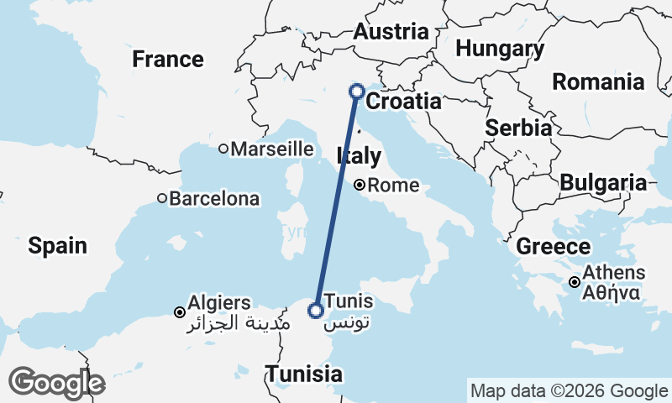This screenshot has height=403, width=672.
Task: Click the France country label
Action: pyautogui.click(x=168, y=60)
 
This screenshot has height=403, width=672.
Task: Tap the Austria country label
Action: pyautogui.click(x=391, y=33)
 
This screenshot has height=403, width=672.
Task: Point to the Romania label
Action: pyautogui.click(x=598, y=82)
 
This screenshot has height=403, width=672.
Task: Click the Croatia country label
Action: pyautogui.click(x=404, y=102)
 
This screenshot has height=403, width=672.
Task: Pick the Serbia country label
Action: pyautogui.click(x=518, y=128)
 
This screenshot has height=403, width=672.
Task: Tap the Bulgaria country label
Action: pyautogui.click(x=603, y=183)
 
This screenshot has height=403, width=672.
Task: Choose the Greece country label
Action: pyautogui.click(x=553, y=247)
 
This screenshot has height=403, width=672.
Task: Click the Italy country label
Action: pyautogui.click(x=359, y=156)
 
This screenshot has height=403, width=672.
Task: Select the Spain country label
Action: pyautogui.click(x=57, y=245)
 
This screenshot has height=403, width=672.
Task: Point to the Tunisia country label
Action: pyautogui.click(x=303, y=374)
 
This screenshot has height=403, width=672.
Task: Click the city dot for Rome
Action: pyautogui.click(x=360, y=186)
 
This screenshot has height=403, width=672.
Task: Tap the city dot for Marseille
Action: pyautogui.click(x=223, y=149)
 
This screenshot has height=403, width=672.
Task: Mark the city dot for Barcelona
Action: pyautogui.click(x=162, y=199)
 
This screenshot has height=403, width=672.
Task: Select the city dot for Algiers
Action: pyautogui.click(x=179, y=312)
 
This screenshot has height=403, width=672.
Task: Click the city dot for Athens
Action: pyautogui.click(x=575, y=282)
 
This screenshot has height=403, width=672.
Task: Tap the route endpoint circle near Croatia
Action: pyautogui.click(x=356, y=92)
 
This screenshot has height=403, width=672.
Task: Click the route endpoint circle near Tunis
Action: pyautogui.click(x=315, y=311)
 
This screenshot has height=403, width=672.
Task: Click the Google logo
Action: pyautogui.click(x=57, y=383)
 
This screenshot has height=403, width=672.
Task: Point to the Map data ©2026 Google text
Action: pyautogui.click(x=569, y=391)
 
